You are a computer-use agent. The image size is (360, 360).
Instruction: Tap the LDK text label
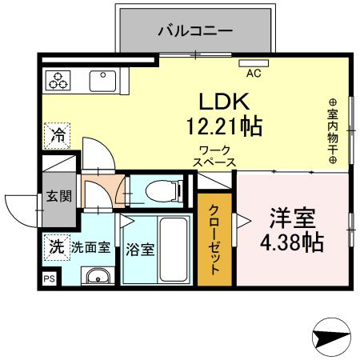click(226, 102)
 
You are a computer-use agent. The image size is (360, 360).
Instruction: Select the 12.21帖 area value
click(226, 126)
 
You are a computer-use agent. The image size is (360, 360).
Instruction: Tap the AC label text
click(254, 74)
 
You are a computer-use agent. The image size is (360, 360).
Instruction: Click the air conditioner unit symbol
click(254, 62)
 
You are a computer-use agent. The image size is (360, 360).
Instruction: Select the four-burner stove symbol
click(59, 80)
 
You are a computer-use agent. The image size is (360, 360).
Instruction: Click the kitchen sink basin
click(102, 81)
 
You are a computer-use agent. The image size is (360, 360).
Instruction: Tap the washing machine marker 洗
click(55, 247)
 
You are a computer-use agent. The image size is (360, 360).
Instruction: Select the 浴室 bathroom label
click(140, 248)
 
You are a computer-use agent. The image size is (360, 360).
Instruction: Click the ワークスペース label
click(214, 155)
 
